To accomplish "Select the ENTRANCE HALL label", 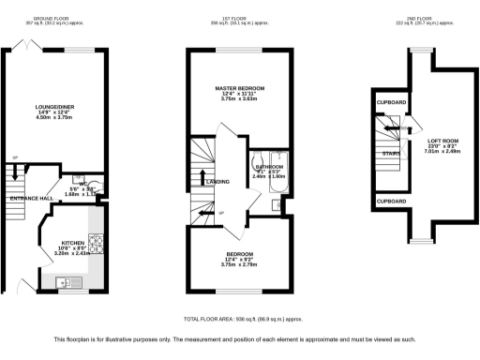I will tap(30, 199).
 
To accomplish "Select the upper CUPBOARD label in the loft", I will tap(391, 100).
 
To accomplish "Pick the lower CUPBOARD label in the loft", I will tap(391, 201).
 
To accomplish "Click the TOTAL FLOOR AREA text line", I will tap(240, 320).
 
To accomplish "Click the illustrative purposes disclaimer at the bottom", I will tap(240, 338).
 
